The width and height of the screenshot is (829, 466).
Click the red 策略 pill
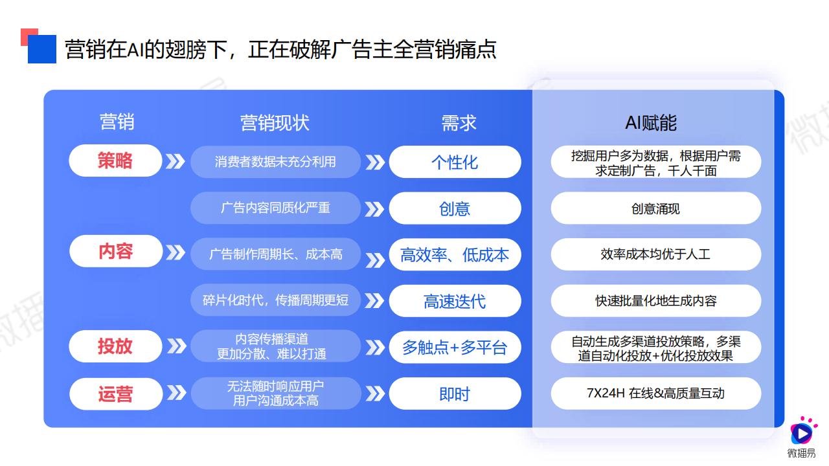[115, 161]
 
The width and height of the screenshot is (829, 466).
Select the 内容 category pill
[116, 251]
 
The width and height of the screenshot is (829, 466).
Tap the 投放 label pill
[115, 346]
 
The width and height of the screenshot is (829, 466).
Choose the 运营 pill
[116, 394]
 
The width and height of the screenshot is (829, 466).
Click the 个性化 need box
[455, 162]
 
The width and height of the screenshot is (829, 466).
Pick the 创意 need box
[455, 208]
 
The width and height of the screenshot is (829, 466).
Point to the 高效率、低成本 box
[455, 255]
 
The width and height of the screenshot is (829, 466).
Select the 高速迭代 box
[455, 301]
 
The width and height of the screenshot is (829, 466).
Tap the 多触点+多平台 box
[455, 348]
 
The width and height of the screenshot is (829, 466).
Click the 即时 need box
[455, 394]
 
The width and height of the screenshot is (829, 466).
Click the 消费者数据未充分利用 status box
[275, 162]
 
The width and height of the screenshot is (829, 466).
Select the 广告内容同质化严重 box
[275, 208]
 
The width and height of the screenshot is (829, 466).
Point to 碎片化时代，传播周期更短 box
[275, 300]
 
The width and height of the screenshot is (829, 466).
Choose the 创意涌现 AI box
[656, 208]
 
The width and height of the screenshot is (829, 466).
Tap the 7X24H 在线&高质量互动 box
[656, 394]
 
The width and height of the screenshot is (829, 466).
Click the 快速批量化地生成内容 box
[656, 301]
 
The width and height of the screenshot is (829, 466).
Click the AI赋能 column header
[651, 122]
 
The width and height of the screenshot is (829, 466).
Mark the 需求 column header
[459, 122]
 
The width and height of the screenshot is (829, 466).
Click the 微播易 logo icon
[802, 431]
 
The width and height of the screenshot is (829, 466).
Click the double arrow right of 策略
[176, 161]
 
